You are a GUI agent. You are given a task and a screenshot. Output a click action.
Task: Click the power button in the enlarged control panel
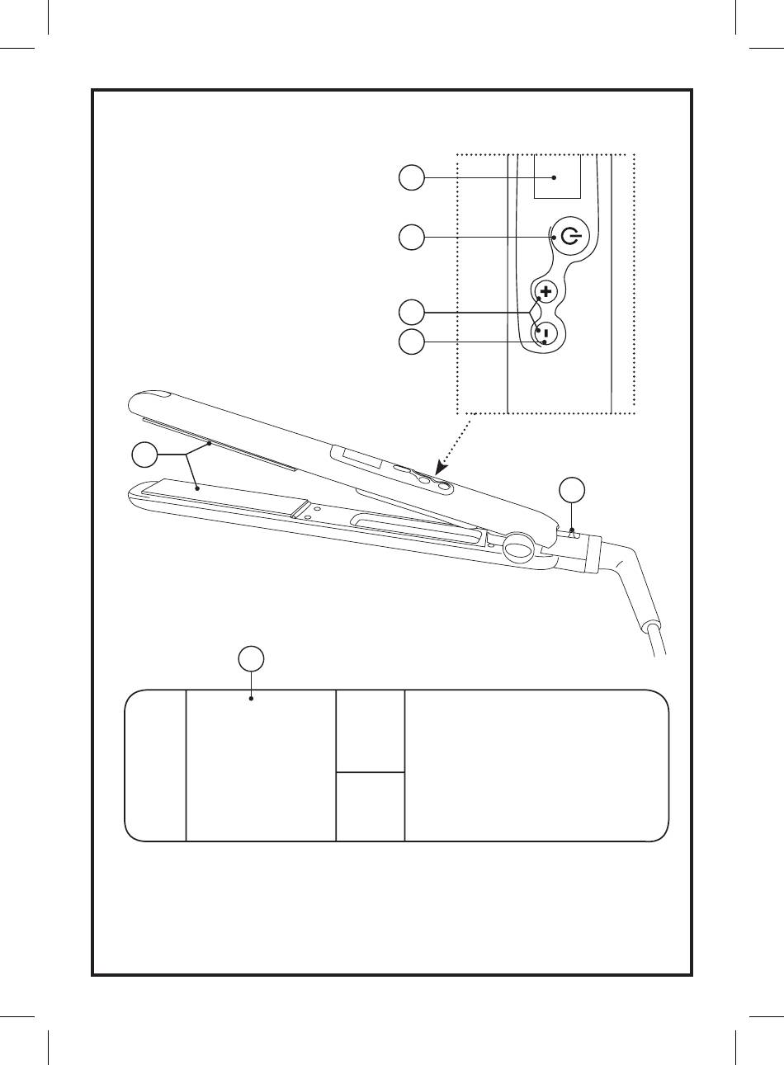(x=569, y=238)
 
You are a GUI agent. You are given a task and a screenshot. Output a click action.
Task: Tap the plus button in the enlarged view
(x=545, y=291)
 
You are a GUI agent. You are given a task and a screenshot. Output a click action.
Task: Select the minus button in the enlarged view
(x=545, y=334)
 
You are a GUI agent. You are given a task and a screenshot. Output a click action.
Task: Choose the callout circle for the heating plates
(x=145, y=455)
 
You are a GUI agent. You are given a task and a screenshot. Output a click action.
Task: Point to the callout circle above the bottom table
(x=252, y=658)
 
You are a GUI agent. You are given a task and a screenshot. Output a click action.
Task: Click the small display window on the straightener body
(x=355, y=455)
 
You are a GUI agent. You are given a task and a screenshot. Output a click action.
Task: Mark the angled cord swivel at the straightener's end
(x=631, y=577)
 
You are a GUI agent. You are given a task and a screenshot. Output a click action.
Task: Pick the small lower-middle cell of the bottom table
(x=371, y=807)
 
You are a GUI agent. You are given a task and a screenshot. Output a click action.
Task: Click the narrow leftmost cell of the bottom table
(x=156, y=766)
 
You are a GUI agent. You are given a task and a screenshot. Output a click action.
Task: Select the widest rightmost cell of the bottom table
(x=536, y=766)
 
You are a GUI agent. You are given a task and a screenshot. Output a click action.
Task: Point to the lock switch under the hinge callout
(x=574, y=534)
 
